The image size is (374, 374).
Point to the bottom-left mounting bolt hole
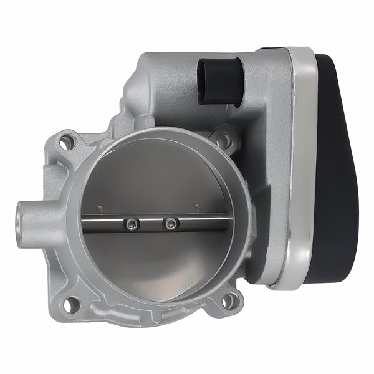pyautogui.click(x=74, y=304)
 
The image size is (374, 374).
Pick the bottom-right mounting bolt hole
pyautogui.click(x=230, y=301)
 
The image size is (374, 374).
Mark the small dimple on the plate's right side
pyautogui.click(x=196, y=206)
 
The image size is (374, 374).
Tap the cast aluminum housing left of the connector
pyautogui.click(x=156, y=87)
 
